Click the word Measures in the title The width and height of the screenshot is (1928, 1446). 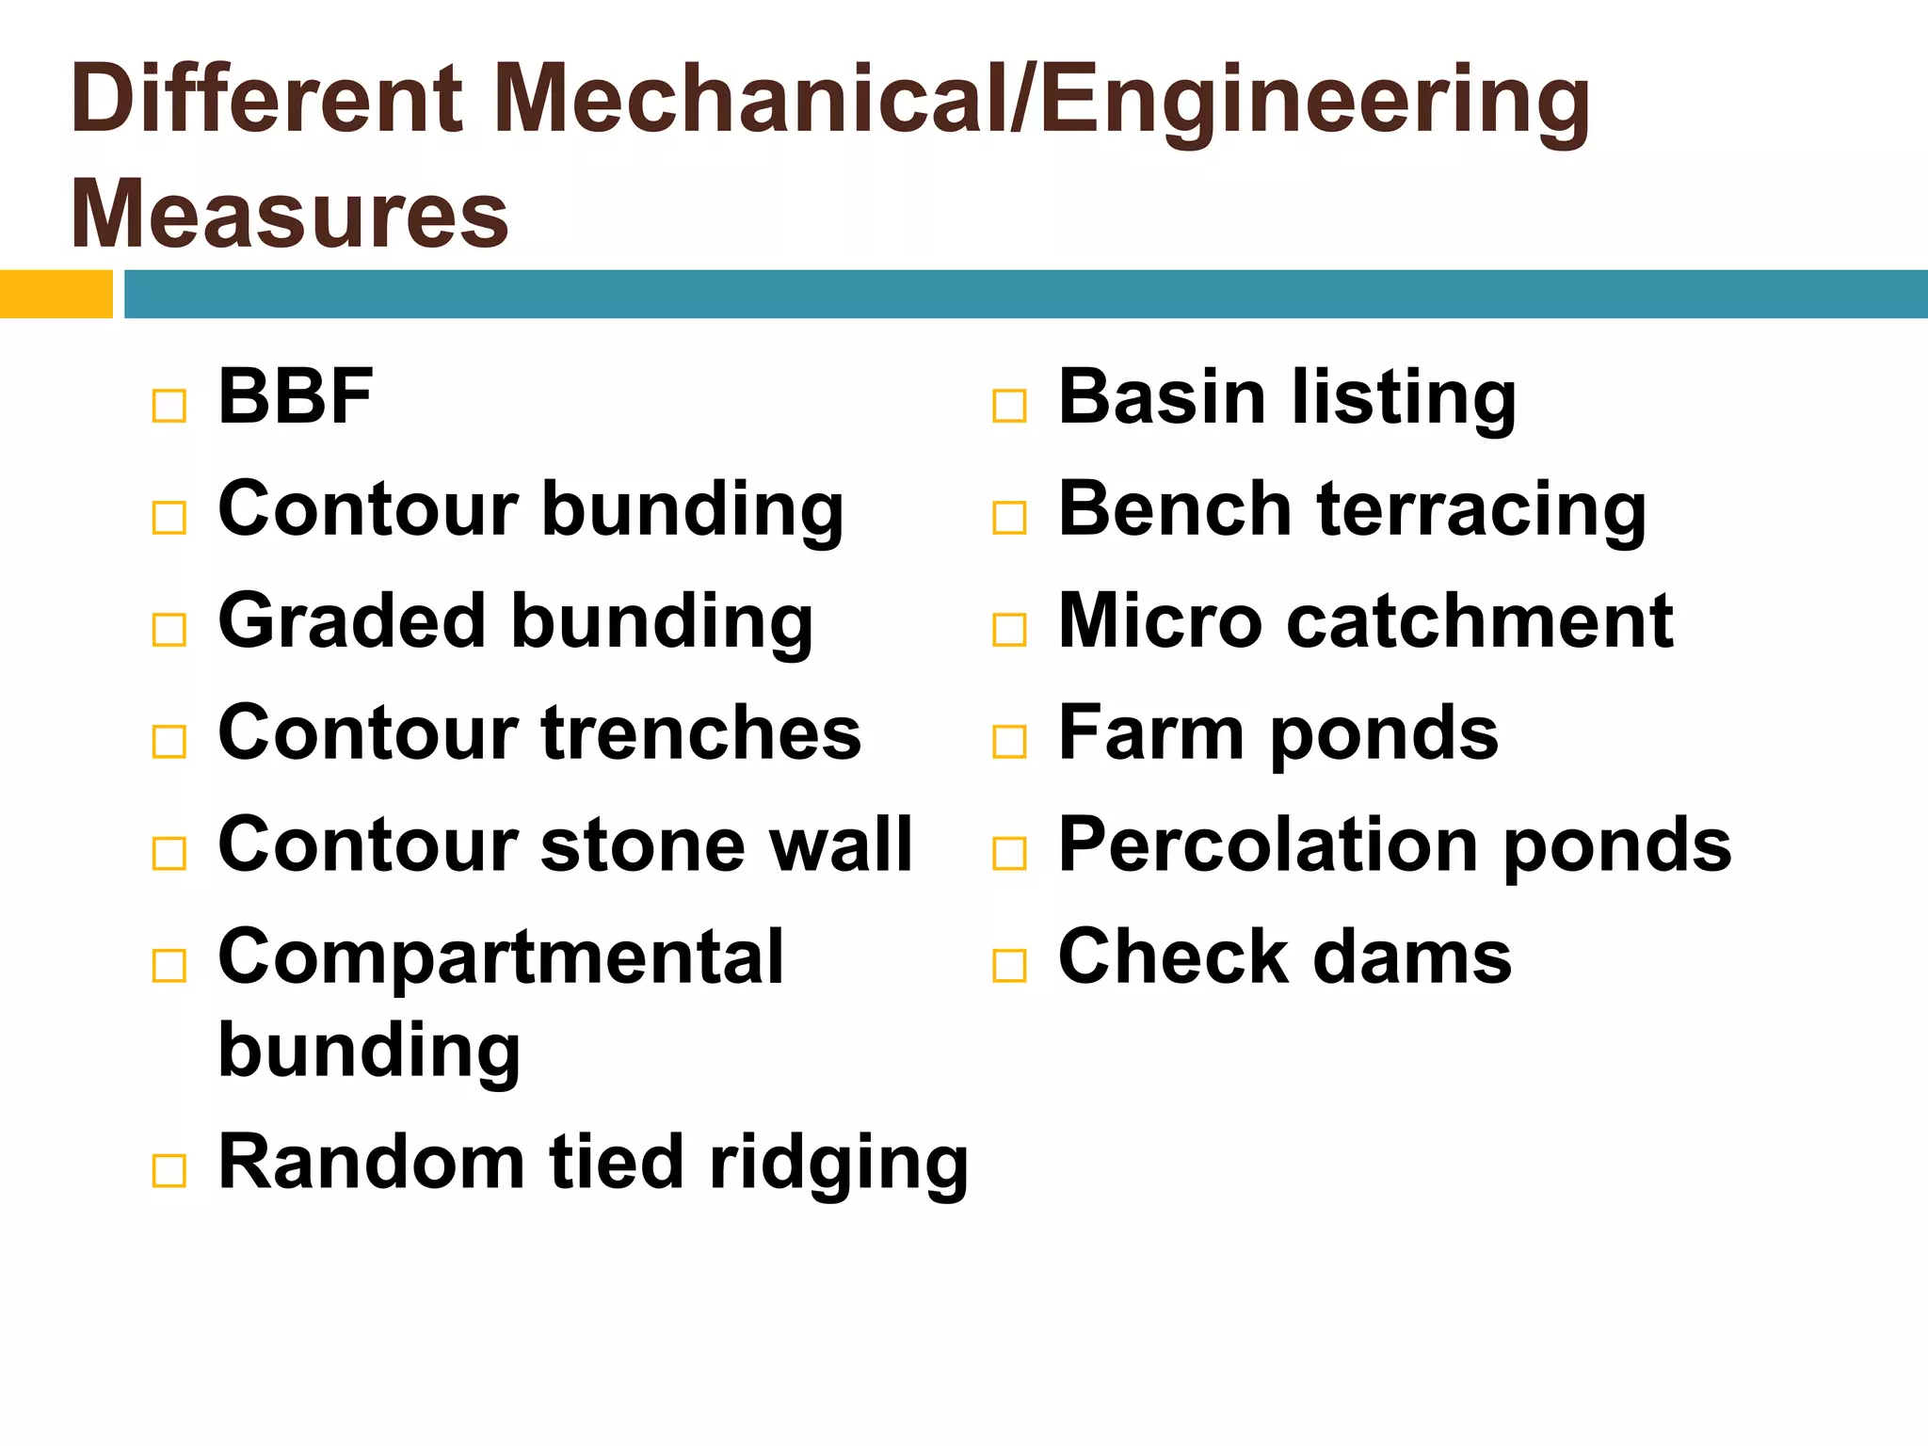tap(290, 215)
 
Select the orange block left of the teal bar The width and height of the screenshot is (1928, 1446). tap(56, 294)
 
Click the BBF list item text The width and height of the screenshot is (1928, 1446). tap(296, 397)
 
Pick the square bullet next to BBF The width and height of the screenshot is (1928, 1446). tap(169, 407)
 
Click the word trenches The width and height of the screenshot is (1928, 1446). tap(701, 733)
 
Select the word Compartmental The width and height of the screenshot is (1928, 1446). tap(500, 958)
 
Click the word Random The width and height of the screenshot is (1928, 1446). tap(371, 1164)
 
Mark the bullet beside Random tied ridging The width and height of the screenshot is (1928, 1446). tap(169, 1172)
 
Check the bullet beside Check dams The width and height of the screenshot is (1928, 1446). tap(1009, 966)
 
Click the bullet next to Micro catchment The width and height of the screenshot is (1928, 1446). tap(1009, 630)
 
